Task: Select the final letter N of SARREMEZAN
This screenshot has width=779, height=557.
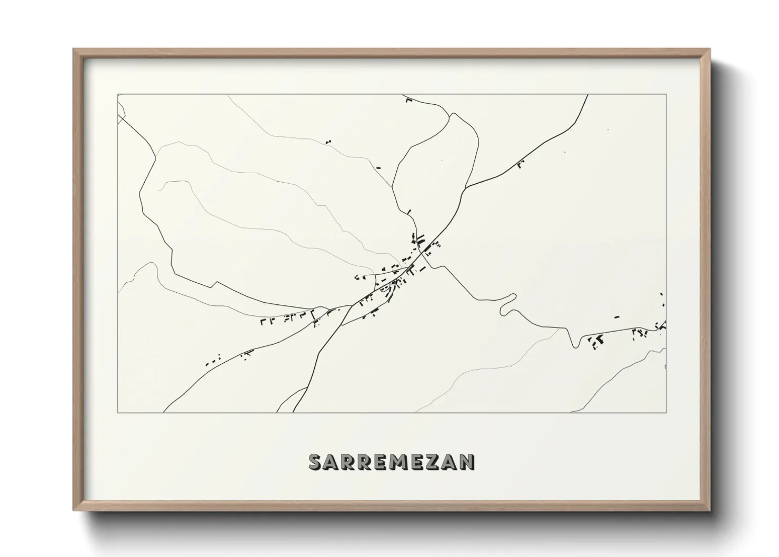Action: click(x=467, y=462)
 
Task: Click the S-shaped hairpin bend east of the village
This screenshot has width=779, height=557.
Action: click(x=506, y=304)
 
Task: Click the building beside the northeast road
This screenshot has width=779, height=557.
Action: click(x=521, y=165)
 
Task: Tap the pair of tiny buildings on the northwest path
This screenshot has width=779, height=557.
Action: click(x=328, y=142)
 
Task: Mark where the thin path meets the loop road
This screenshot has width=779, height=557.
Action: click(x=393, y=186)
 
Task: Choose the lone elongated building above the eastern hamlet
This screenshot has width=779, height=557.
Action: click(x=616, y=317)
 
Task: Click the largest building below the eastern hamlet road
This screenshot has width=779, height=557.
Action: click(x=598, y=341)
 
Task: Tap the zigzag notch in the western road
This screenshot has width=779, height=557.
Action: click(x=215, y=284)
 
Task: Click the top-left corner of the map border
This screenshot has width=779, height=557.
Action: click(x=117, y=95)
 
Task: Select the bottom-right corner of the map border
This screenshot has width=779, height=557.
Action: click(x=666, y=412)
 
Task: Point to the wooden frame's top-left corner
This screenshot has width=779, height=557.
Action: click(x=74, y=49)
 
